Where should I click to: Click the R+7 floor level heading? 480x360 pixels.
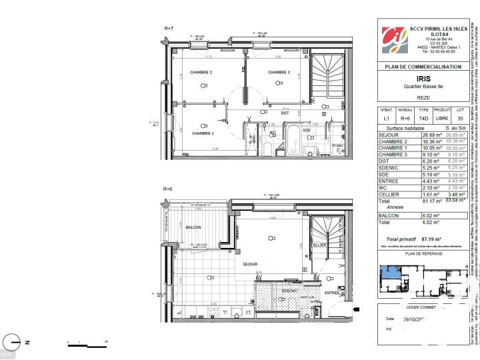pyautogui.click(x=169, y=28)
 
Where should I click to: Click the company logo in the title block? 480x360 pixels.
pyautogui.click(x=393, y=39)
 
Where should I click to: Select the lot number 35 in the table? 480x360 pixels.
pyautogui.click(x=461, y=119)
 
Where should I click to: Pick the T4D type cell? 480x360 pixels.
pyautogui.click(x=423, y=119)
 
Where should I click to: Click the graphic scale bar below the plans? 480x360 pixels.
pyautogui.click(x=87, y=344)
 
